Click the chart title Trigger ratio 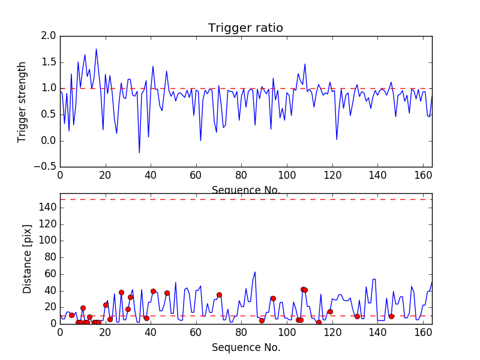tap(245, 28)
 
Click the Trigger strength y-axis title tap(22, 101)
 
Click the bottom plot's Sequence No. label tap(245, 347)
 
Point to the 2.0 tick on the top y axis tap(50, 36)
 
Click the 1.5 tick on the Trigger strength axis tap(50, 62)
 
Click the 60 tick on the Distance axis tap(50, 274)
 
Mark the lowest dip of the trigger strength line tap(139, 152)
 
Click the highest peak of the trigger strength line tap(96, 49)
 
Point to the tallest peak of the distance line tap(255, 272)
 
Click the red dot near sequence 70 tap(219, 295)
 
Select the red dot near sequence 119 tap(330, 311)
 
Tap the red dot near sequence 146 tap(391, 316)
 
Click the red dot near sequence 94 tap(273, 298)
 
